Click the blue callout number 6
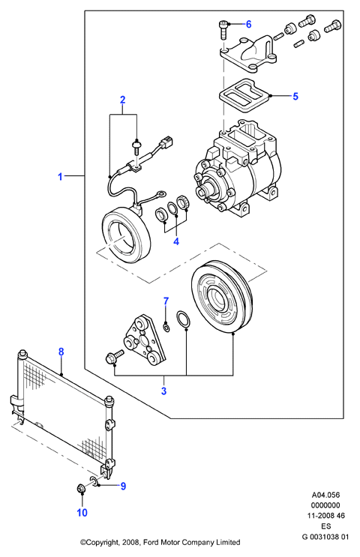point(248,24)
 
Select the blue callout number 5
point(295,96)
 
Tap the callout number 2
point(122,100)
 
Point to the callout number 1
point(61,176)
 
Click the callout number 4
point(176,241)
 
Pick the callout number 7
point(166,301)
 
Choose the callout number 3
point(163,391)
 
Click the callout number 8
point(61,352)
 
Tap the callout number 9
point(123,486)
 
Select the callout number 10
point(82,513)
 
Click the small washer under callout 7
point(166,326)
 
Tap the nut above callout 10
point(81,489)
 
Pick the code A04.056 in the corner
point(325,495)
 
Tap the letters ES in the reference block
point(326,526)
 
